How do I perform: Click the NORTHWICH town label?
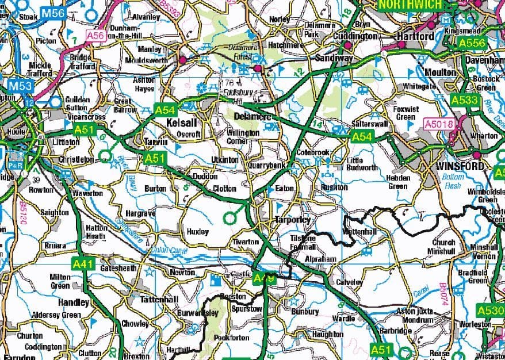[410, 5]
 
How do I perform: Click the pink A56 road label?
[95, 36]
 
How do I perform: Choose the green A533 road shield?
[464, 100]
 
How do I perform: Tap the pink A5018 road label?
[437, 123]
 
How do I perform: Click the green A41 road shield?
[83, 263]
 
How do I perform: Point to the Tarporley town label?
[292, 220]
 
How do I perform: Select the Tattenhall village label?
[160, 300]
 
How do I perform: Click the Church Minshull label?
[443, 247]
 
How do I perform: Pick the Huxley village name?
[197, 231]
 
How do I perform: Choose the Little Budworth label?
[362, 164]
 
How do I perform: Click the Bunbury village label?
[305, 311]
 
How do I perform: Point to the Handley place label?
[74, 302]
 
